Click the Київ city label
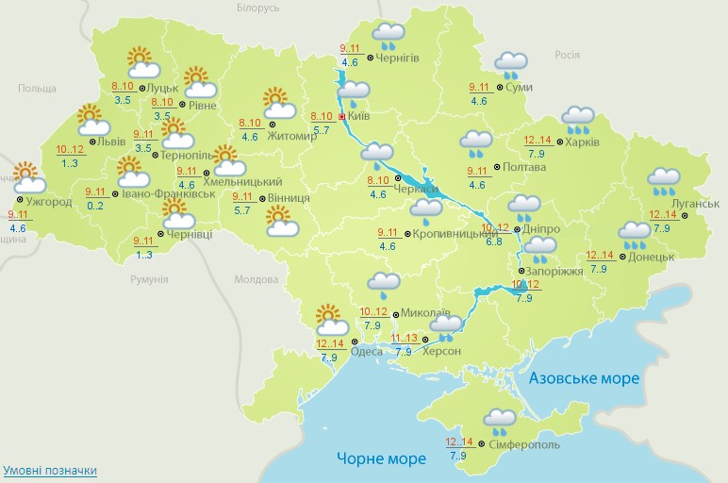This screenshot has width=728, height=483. pos(357,116)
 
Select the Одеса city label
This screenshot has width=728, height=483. pos(366,352)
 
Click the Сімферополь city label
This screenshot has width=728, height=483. pos(525,444)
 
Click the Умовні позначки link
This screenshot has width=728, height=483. pos(50,470)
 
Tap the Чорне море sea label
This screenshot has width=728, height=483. pos(381,458)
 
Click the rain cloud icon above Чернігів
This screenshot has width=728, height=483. pos(388,36)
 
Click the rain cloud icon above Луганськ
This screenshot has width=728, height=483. pos(665,179)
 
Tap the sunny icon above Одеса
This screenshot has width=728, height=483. pos(328,318)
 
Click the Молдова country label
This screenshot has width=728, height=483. pos(256,280)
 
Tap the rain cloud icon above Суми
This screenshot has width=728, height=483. pos(510,65)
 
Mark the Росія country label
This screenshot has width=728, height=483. pos(566,55)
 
